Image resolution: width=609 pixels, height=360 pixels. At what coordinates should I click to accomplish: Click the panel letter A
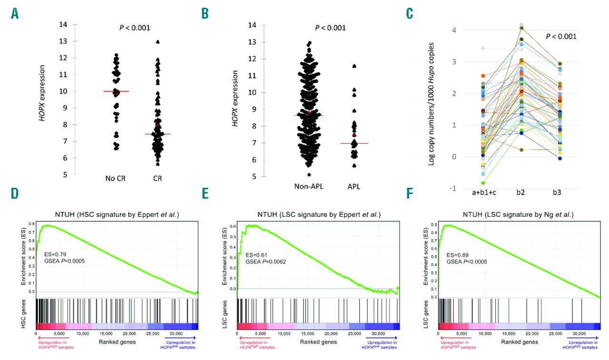tap(16, 14)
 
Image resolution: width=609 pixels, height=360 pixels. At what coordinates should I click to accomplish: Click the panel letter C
tap(409, 14)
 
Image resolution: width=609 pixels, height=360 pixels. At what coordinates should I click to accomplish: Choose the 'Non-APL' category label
tap(309, 186)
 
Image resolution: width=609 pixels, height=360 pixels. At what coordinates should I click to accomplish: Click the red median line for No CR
tap(117, 91)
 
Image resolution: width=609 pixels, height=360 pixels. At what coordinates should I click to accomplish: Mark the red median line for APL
tap(354, 143)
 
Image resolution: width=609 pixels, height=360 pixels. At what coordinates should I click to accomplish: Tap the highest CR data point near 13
tap(157, 42)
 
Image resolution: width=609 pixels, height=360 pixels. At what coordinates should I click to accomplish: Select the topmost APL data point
tap(354, 66)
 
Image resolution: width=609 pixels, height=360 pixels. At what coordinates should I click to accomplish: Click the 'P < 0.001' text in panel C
tap(560, 36)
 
